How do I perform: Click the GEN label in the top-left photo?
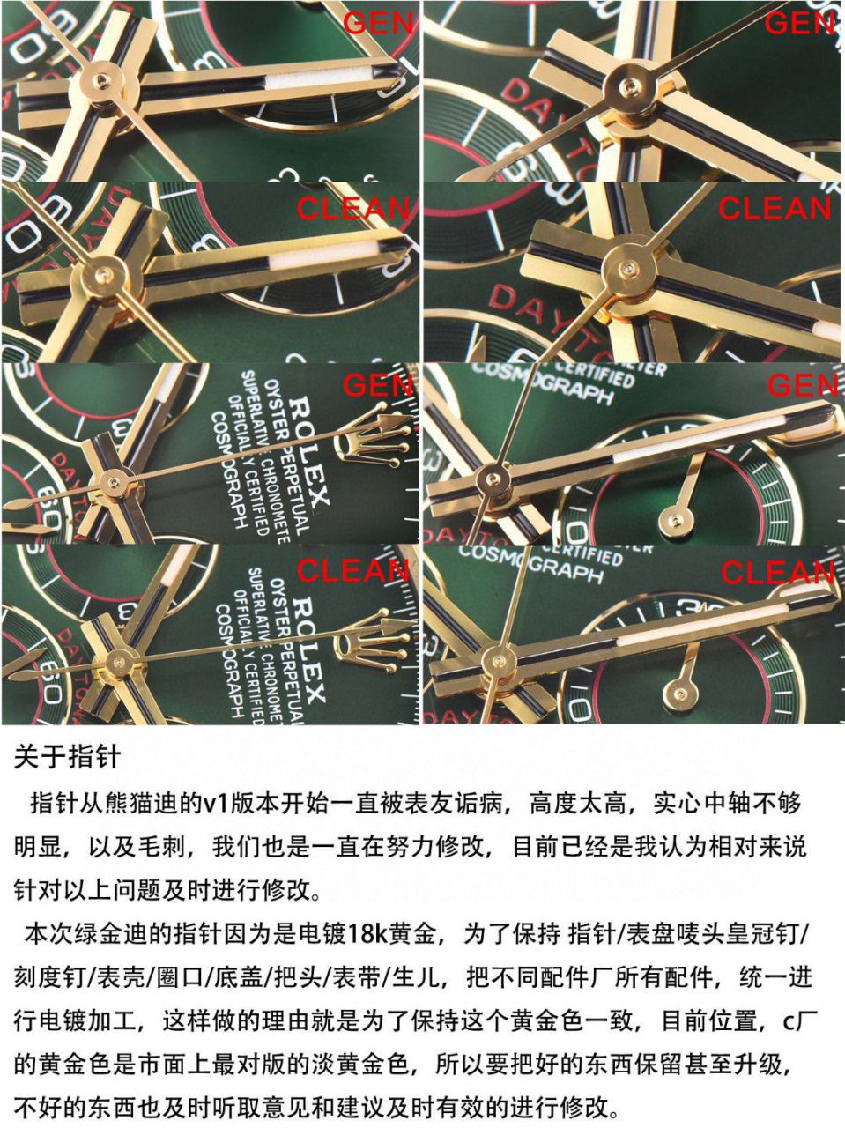378,22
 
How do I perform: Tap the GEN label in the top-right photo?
799,22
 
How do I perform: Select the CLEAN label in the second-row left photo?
352,209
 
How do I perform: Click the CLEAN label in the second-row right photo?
774,209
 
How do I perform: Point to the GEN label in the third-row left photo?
378,385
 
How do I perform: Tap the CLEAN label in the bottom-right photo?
776,574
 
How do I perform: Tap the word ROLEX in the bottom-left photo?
311,648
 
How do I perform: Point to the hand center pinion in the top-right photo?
628,85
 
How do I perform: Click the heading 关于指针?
67,757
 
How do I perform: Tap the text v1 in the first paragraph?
215,803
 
